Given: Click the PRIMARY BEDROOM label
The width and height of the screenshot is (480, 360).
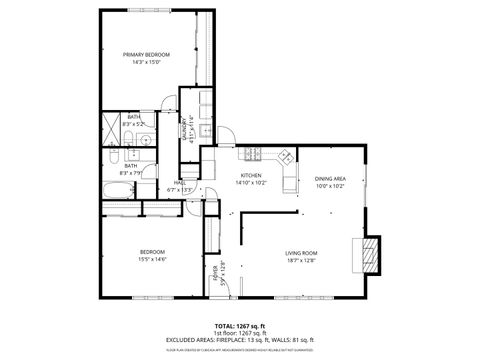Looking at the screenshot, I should click(x=146, y=54).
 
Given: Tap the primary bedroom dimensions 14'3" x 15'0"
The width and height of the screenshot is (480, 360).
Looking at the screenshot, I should click(x=146, y=62).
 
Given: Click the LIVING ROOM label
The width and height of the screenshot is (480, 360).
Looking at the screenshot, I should click(x=301, y=254).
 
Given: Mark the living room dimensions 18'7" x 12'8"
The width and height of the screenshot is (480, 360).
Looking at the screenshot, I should click(x=301, y=262).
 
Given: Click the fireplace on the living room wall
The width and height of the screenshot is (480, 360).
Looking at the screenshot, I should click(x=371, y=254).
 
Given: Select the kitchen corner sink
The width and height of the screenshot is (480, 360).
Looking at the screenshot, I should click(x=286, y=157).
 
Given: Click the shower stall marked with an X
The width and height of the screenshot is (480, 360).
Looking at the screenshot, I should click(x=113, y=128).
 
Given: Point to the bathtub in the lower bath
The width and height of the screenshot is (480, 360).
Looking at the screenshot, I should click(x=112, y=166).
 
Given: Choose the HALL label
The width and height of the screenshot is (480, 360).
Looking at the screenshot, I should click(x=181, y=183).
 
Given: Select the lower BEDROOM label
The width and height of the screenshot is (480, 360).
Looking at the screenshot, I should click(x=152, y=251).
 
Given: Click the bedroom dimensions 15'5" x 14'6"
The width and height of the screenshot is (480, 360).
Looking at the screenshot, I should click(x=152, y=259).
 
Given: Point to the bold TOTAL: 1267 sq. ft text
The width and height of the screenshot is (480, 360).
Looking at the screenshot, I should click(x=240, y=326).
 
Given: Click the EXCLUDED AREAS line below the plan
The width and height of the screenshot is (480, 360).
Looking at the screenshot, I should click(x=240, y=340).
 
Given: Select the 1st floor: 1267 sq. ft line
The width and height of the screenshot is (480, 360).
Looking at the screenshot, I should click(x=240, y=333).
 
